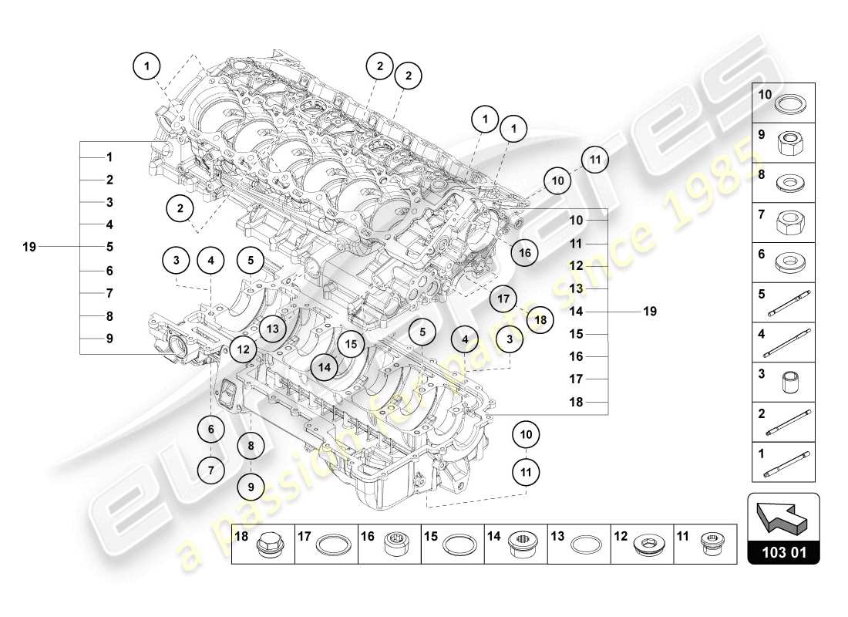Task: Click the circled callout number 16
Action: click(x=524, y=251)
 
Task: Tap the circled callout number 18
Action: click(x=540, y=319)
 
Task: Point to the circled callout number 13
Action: click(x=272, y=328)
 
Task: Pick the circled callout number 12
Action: click(x=243, y=349)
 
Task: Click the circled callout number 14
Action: click(x=326, y=368)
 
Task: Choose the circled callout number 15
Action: click(x=351, y=346)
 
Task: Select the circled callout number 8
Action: click(x=251, y=445)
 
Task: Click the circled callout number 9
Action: click(x=251, y=486)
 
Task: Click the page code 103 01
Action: click(x=783, y=551)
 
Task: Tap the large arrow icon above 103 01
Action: click(x=783, y=516)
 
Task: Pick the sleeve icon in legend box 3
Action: click(x=790, y=383)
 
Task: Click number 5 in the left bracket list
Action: click(x=109, y=248)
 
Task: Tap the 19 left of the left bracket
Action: click(x=29, y=247)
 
